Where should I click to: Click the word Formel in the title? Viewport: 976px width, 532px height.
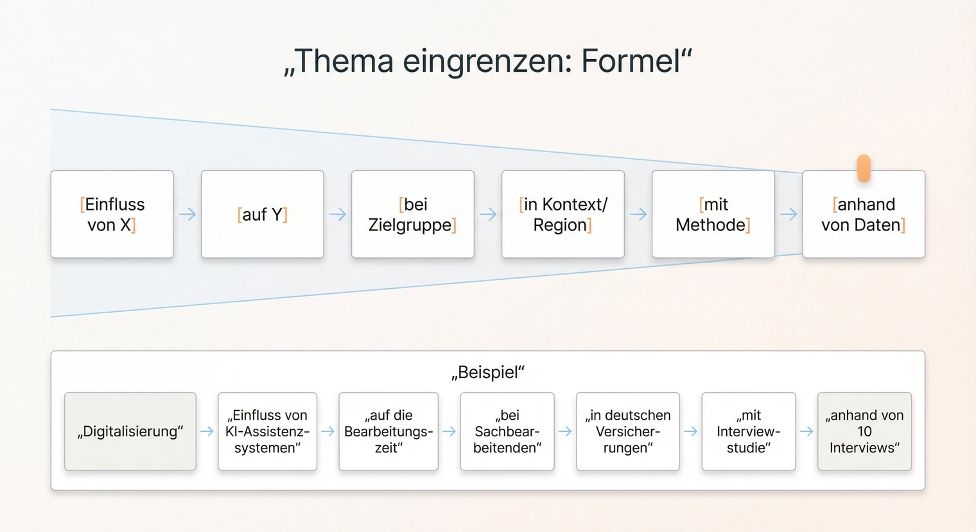click(631, 62)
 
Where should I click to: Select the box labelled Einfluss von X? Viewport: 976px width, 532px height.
click(112, 214)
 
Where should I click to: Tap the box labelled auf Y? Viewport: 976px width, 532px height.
click(263, 214)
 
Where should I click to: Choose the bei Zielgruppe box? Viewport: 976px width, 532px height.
click(413, 214)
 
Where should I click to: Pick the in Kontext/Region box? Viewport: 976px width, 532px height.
click(563, 214)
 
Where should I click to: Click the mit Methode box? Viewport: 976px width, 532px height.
click(713, 214)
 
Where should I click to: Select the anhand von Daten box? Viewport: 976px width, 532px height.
click(864, 214)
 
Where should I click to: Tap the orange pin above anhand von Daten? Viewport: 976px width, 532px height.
click(864, 167)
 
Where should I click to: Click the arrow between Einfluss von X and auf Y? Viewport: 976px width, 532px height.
click(187, 214)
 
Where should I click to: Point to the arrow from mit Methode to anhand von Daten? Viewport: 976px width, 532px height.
click(789, 214)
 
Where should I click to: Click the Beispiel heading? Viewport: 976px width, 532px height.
click(488, 372)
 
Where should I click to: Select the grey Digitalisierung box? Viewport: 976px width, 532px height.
click(130, 431)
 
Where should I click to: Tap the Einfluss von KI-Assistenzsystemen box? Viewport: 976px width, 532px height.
click(268, 431)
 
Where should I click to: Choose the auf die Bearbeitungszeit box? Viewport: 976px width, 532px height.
click(388, 431)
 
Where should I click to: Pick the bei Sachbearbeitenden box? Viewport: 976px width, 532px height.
click(507, 431)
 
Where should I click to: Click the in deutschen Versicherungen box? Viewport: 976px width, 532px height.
click(628, 431)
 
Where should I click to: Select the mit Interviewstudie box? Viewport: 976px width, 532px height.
click(749, 431)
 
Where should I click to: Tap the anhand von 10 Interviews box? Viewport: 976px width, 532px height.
click(864, 431)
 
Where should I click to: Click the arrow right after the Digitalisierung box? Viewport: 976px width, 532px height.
click(207, 432)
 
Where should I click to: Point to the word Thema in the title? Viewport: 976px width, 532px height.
click(344, 62)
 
